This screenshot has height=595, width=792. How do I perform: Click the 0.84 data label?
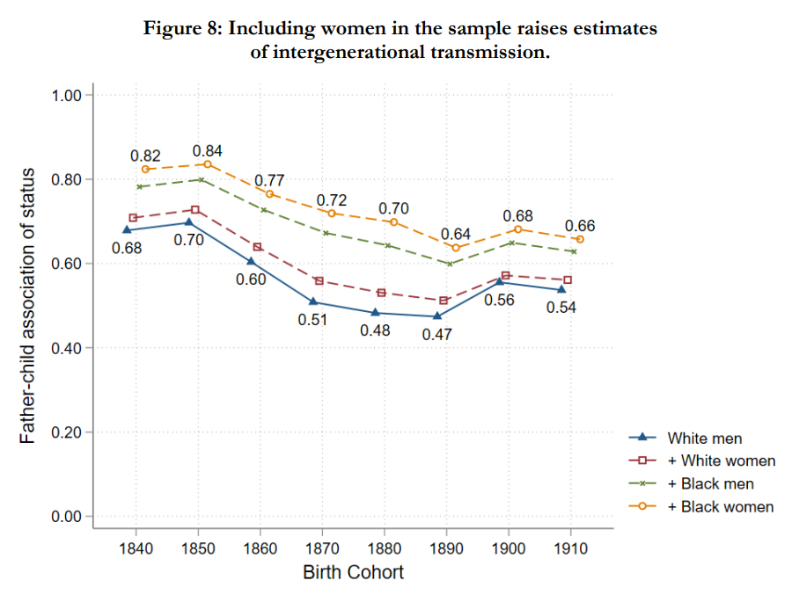208,151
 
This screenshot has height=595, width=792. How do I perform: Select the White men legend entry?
704,438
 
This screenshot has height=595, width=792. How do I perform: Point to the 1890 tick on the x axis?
448,548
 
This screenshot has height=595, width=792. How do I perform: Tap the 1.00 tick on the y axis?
67,95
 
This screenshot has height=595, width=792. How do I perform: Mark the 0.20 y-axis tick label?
67,432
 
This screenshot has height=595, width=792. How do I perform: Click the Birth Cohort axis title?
354,573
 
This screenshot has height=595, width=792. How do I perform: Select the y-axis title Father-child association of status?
28,306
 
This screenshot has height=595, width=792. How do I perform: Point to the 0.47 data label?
437,335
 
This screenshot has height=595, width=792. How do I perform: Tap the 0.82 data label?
145,156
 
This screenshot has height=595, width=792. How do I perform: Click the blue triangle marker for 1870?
314,302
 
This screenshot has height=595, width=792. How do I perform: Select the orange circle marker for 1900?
518,229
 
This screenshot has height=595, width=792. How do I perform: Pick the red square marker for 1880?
381,293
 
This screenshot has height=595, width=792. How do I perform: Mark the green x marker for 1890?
450,264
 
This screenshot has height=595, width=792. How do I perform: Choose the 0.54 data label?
561,308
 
